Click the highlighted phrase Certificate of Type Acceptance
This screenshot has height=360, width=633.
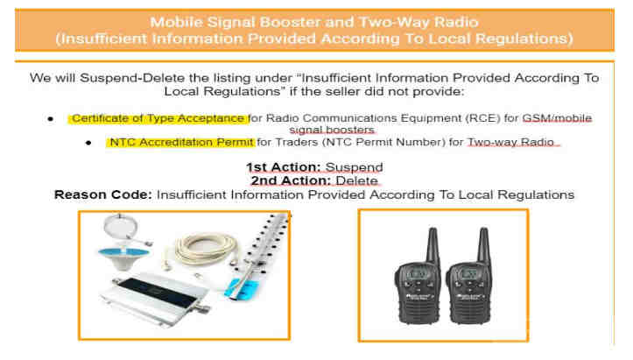click(x=158, y=118)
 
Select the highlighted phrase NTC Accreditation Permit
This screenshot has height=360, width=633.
click(x=181, y=142)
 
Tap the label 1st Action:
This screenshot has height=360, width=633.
click(x=284, y=167)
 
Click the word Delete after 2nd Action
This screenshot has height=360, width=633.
click(x=357, y=180)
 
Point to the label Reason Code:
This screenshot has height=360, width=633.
click(x=103, y=194)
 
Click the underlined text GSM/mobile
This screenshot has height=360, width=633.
click(x=557, y=118)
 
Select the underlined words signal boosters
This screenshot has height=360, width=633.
click(x=332, y=130)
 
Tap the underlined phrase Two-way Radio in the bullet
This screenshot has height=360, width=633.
click(x=510, y=142)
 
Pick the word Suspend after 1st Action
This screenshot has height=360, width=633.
click(x=354, y=167)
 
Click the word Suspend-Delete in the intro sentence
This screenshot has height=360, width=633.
click(x=134, y=78)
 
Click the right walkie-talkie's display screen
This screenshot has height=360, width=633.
click(x=468, y=273)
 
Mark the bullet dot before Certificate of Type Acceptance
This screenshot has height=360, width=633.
click(x=51, y=119)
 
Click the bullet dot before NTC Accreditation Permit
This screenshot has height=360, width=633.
click(x=88, y=143)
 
